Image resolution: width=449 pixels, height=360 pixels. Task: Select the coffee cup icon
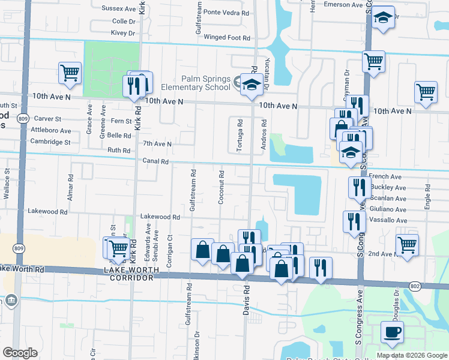(x=392, y=332)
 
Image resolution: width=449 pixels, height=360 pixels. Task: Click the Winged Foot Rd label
(x=227, y=38)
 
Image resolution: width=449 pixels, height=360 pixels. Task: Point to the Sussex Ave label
(x=119, y=9)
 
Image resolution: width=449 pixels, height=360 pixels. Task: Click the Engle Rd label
(x=427, y=196)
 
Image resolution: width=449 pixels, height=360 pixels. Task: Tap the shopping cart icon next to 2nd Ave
(x=407, y=245)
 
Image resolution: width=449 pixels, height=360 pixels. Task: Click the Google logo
(x=20, y=353)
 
